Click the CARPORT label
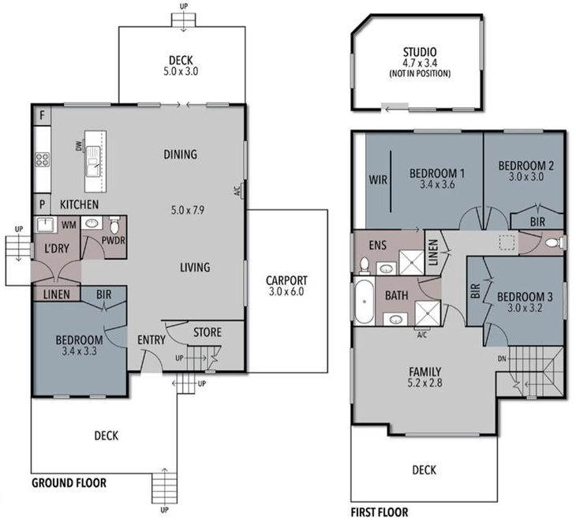pyautogui.click(x=286, y=279)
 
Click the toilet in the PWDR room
pyautogui.click(x=115, y=223)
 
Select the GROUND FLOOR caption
pyautogui.click(x=69, y=482)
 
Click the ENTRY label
pyautogui.click(x=150, y=339)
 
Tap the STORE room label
pyautogui.click(x=207, y=332)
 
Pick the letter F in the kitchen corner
pyautogui.click(x=42, y=115)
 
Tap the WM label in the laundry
pyautogui.click(x=68, y=225)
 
